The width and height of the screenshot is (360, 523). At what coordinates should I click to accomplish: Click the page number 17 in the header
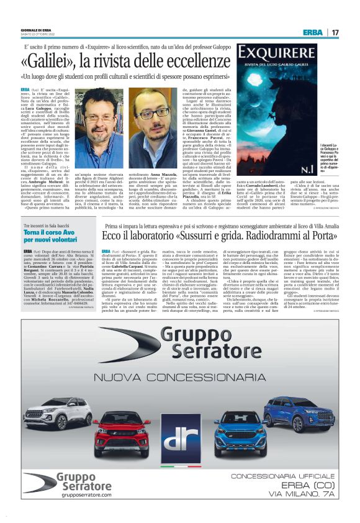click(335, 32)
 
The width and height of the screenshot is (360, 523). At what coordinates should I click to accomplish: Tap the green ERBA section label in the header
click(312, 32)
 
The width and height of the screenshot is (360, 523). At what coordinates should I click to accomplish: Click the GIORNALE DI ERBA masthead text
click(35, 29)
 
